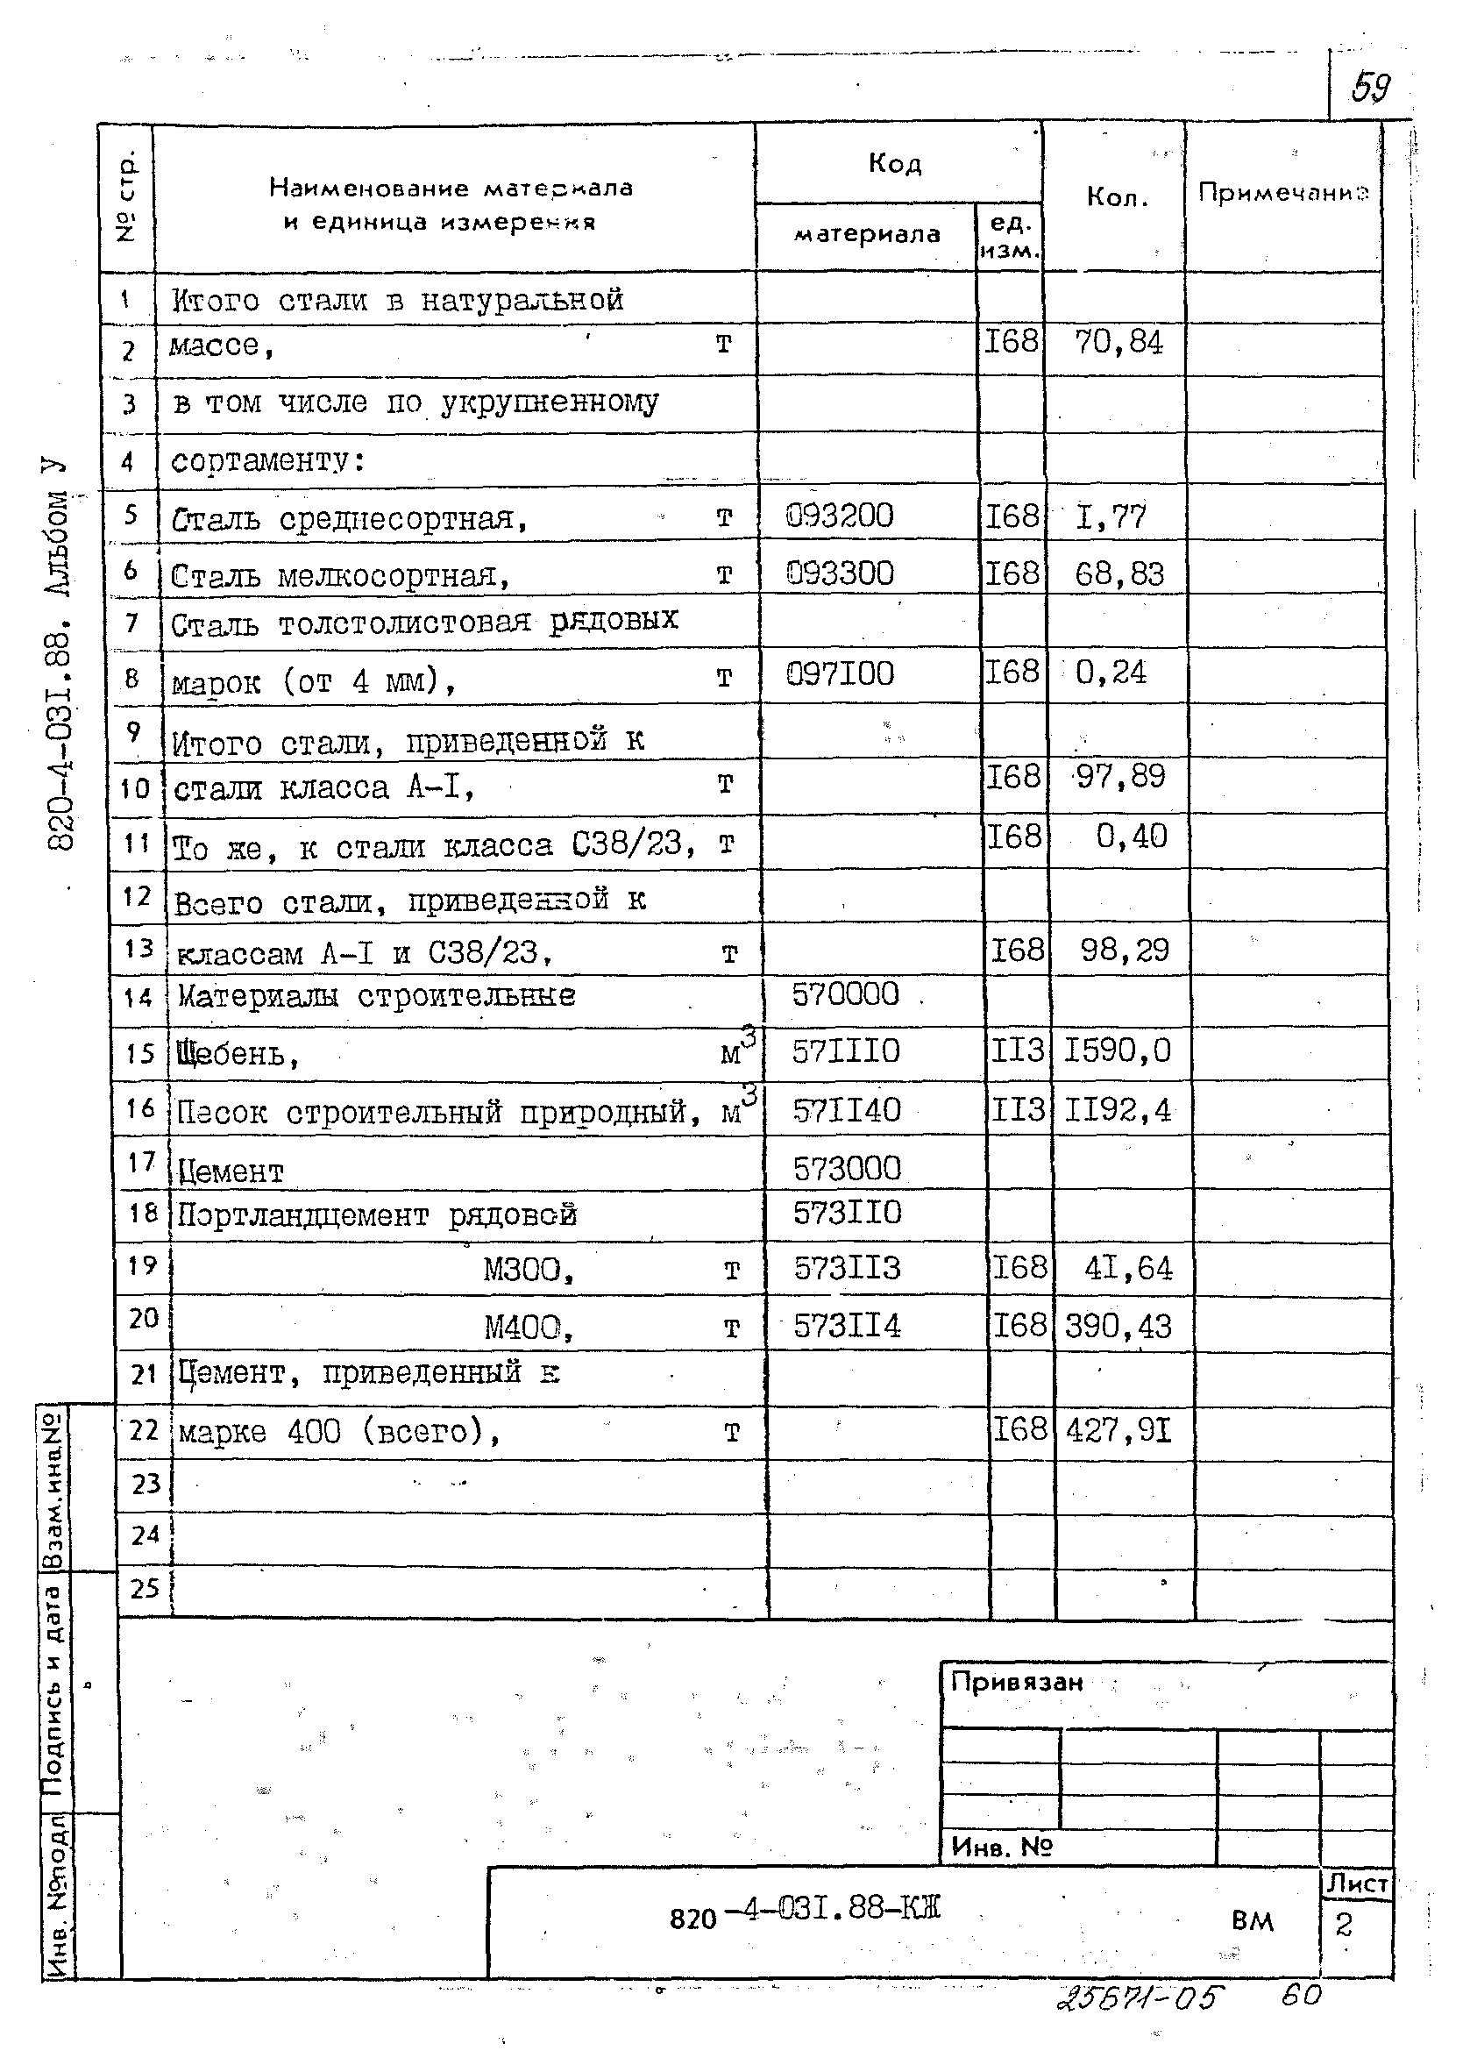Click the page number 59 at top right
[x=1370, y=88]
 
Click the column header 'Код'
[x=894, y=163]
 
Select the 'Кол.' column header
[x=1117, y=197]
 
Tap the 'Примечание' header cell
[x=1282, y=192]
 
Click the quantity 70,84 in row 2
[x=1118, y=343]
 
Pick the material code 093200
[x=839, y=516]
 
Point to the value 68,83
[x=1118, y=574]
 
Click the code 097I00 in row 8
[x=839, y=673]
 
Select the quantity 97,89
[x=1119, y=776]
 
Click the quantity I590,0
[x=1117, y=1050]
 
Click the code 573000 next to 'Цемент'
[x=848, y=1168]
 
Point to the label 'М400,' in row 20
[x=529, y=1328]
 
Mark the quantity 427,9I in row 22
[x=1118, y=1431]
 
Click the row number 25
[x=145, y=1589]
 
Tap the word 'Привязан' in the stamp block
[x=1017, y=1683]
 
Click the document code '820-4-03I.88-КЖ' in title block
[x=805, y=1909]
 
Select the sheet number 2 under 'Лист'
[x=1343, y=1925]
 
